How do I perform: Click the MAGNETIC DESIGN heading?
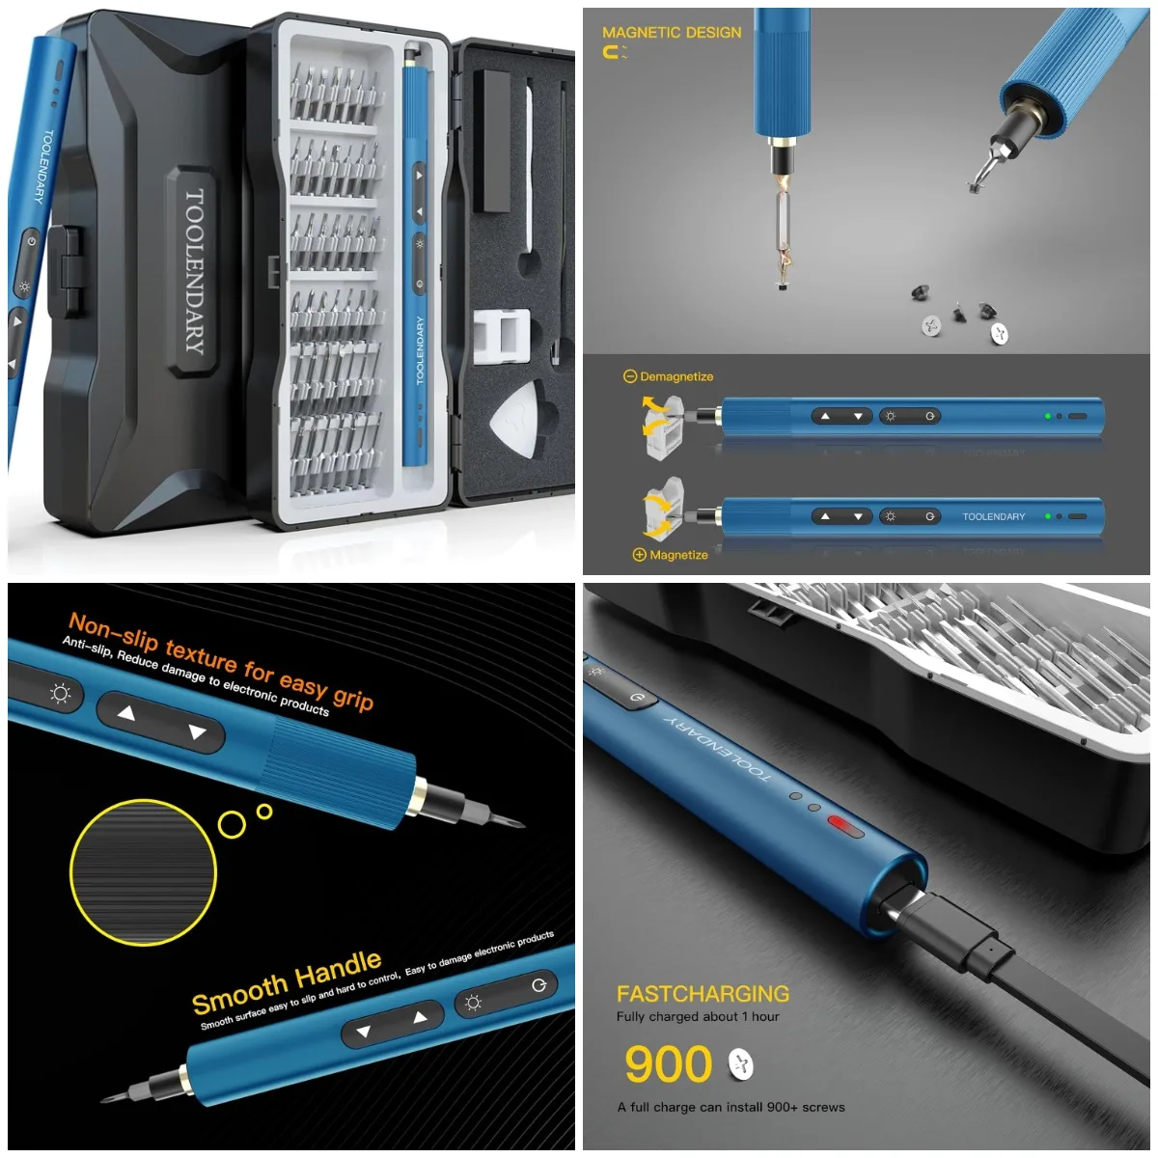(x=672, y=32)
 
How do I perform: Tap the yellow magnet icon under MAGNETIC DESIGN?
(x=613, y=53)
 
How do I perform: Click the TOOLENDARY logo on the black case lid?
(x=194, y=271)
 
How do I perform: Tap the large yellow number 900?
(x=668, y=1064)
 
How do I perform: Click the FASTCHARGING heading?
(x=703, y=994)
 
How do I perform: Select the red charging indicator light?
(x=845, y=827)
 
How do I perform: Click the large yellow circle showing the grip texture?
(x=143, y=872)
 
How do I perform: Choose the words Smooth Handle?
(x=287, y=981)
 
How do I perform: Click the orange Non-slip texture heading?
(x=220, y=660)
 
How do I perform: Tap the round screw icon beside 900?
(x=740, y=1064)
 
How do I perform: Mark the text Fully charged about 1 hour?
(x=698, y=1017)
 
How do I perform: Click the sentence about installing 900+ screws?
(x=731, y=1107)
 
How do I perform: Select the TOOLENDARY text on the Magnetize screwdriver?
(x=993, y=516)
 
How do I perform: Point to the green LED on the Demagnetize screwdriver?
(x=1047, y=416)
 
